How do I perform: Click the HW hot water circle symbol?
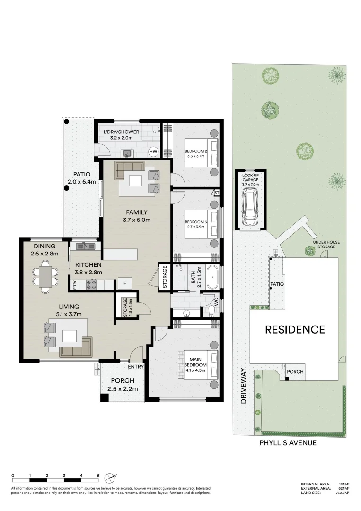click(x=153, y=152)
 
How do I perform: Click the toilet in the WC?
click(x=210, y=310)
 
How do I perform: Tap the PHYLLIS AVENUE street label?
click(x=288, y=443)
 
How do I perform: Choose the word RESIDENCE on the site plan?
click(x=295, y=330)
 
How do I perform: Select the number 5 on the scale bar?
click(x=98, y=475)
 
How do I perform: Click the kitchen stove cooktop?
click(x=90, y=284)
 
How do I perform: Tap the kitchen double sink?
click(x=86, y=246)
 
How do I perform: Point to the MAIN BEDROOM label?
click(x=195, y=362)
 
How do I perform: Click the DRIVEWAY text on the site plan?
click(x=244, y=385)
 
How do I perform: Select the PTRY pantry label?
click(x=75, y=284)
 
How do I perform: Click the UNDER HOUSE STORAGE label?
click(x=326, y=245)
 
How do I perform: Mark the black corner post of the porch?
click(x=104, y=398)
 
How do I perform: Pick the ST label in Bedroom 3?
click(x=216, y=193)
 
